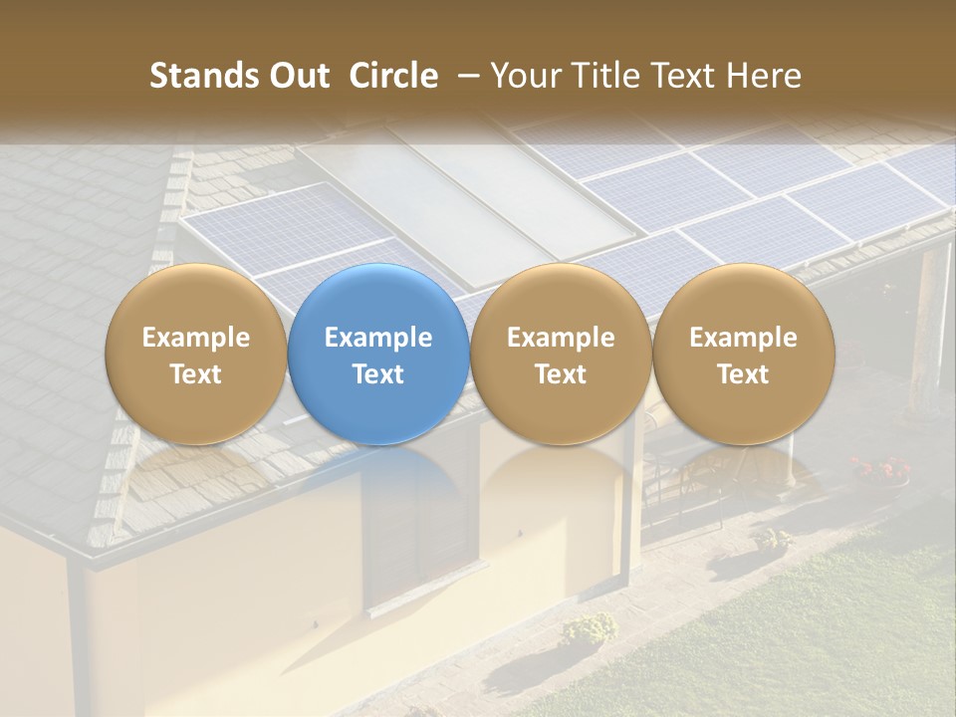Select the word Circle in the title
(x=393, y=76)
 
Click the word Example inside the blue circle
(x=378, y=338)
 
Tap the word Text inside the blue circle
(x=378, y=374)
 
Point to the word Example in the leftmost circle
(x=195, y=338)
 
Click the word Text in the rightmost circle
(x=744, y=374)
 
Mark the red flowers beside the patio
(x=882, y=467)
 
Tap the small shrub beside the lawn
(x=590, y=627)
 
